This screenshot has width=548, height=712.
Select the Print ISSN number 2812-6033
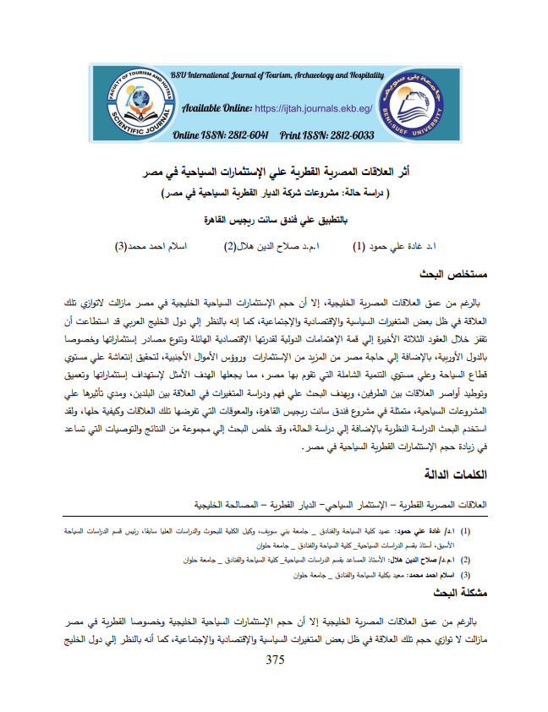click(338, 135)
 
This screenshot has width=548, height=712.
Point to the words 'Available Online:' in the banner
click(216, 109)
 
